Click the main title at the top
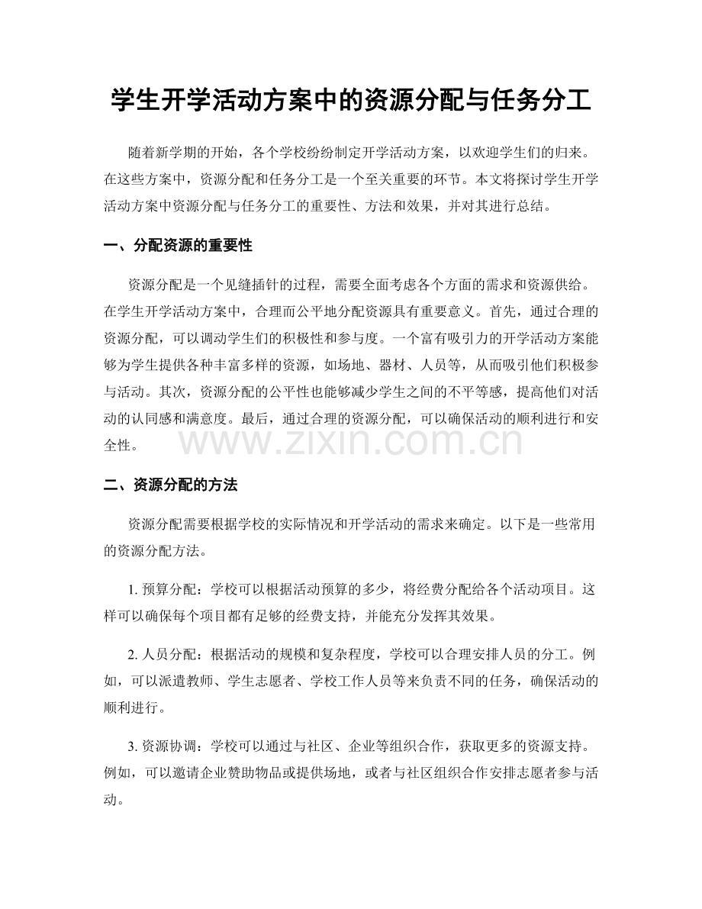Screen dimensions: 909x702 pos(350,101)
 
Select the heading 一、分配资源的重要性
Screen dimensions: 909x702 pos(178,246)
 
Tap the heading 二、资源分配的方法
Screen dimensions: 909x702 pos(171,485)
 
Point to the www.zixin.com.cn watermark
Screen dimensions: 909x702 pos(351,441)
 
